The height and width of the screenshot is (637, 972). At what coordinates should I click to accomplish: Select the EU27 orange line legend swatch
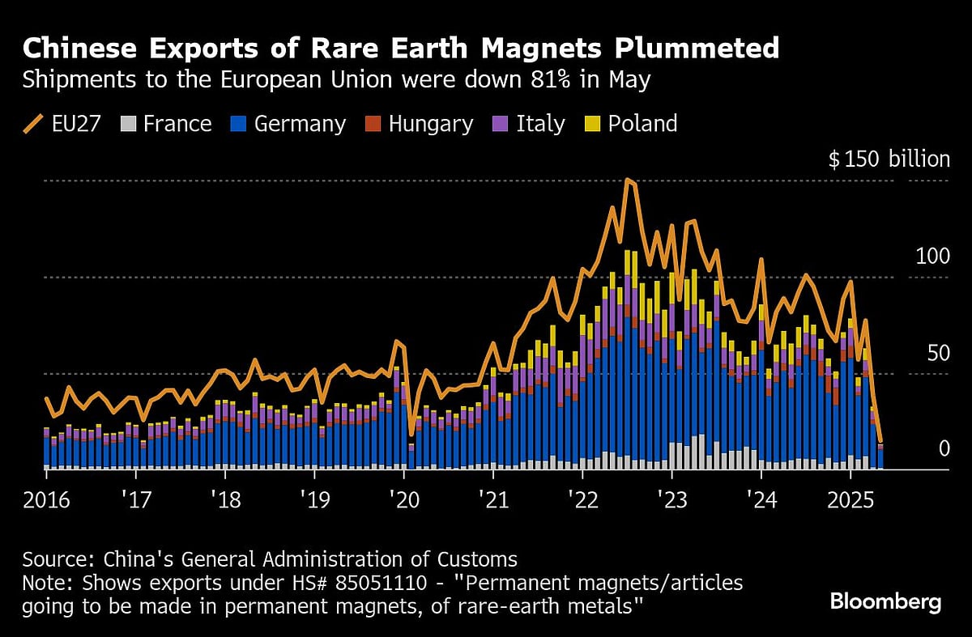click(35, 124)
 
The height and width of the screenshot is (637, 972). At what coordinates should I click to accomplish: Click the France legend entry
click(165, 124)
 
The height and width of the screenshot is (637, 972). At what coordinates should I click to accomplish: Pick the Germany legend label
click(288, 124)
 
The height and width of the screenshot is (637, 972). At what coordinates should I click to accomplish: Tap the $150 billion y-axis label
click(889, 159)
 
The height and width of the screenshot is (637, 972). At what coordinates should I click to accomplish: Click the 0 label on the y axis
click(943, 449)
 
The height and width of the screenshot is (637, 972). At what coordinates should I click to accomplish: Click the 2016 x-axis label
click(47, 499)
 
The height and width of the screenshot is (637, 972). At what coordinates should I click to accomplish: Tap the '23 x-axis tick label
click(671, 499)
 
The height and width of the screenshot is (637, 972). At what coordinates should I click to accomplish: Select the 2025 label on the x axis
click(850, 499)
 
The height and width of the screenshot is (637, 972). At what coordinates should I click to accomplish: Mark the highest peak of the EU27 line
click(629, 180)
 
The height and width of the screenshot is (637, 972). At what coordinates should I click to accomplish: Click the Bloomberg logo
click(885, 601)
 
